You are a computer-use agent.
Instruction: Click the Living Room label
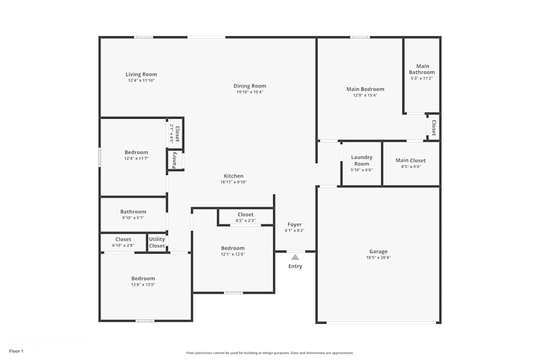click(141, 74)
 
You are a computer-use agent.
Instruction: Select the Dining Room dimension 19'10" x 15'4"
click(249, 92)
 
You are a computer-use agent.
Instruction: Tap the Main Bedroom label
click(365, 89)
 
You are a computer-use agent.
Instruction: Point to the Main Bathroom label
click(422, 69)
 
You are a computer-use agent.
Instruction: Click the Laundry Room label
click(362, 160)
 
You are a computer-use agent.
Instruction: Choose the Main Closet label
click(410, 160)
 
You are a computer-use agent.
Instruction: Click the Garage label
click(378, 252)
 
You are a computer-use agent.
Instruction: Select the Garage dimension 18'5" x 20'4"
click(378, 258)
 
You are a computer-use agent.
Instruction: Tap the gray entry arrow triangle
click(295, 257)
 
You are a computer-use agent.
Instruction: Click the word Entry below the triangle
click(295, 267)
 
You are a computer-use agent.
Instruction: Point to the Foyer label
click(294, 225)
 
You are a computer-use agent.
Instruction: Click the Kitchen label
click(233, 176)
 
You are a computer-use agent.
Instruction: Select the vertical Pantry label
click(174, 160)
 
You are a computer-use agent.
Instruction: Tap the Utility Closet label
click(157, 242)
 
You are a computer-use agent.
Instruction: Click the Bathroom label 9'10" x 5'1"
click(133, 212)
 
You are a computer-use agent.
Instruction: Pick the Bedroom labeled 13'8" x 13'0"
click(143, 279)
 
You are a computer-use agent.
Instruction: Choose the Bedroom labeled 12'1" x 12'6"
click(232, 248)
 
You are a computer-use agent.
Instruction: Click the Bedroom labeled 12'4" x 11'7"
click(136, 152)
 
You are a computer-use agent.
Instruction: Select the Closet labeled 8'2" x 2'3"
click(245, 215)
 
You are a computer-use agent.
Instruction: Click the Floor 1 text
click(16, 351)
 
